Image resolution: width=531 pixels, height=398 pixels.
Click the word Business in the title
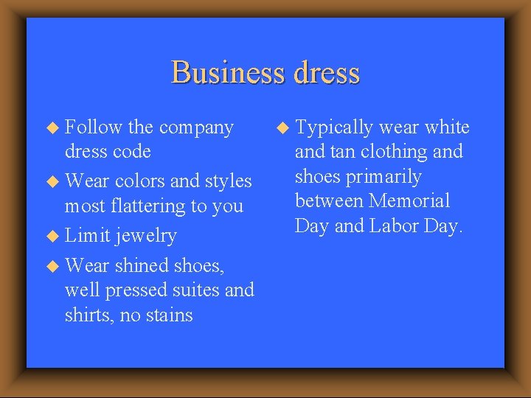coord(227,73)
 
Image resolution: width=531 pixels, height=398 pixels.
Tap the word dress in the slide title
coord(325,73)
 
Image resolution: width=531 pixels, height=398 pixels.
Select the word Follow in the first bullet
coord(94,128)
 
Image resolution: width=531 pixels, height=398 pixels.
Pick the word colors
coord(140,181)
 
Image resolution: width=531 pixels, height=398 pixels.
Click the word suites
coord(193,290)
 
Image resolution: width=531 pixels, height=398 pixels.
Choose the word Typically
coord(334,128)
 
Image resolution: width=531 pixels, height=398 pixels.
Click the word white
coord(447,128)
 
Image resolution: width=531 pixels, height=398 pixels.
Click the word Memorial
coord(410,201)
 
